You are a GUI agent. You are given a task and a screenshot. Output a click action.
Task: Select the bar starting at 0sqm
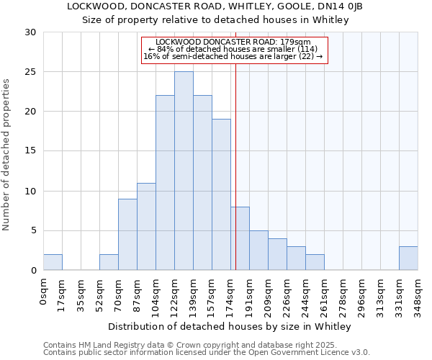click(53, 262)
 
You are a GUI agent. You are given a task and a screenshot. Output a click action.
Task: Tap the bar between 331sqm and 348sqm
click(408, 258)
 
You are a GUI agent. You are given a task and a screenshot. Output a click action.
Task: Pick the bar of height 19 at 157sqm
click(221, 194)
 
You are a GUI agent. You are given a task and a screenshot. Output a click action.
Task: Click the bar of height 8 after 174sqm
click(240, 238)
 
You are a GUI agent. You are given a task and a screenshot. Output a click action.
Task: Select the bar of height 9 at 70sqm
click(127, 235)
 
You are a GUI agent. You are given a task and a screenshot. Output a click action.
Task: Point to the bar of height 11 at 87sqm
click(146, 227)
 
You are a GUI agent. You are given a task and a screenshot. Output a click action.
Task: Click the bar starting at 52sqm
click(109, 262)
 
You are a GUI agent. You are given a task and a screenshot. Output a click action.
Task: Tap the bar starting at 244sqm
click(315, 262)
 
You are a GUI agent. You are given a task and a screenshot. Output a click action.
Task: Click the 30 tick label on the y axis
click(31, 32)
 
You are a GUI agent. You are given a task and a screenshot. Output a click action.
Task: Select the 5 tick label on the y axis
click(34, 231)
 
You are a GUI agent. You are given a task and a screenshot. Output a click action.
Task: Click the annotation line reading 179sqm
click(233, 42)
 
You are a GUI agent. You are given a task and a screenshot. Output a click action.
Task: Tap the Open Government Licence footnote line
click(207, 353)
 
